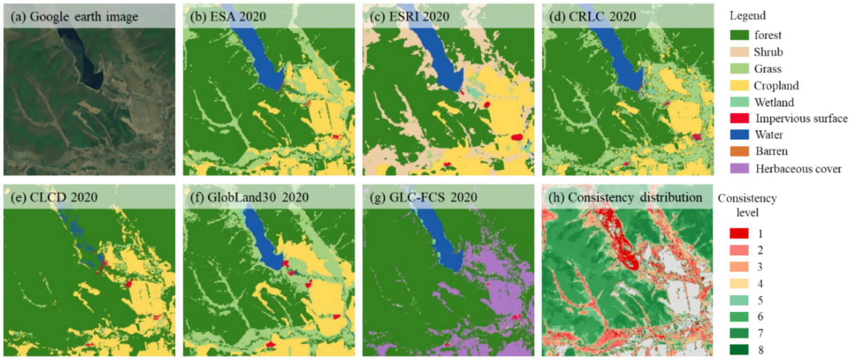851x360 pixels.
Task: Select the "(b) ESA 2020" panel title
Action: tap(228, 17)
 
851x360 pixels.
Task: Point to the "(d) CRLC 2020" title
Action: tap(592, 17)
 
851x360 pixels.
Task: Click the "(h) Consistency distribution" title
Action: tap(621, 197)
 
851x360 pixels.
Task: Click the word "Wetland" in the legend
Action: tap(774, 102)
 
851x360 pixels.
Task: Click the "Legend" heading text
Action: tap(747, 16)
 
